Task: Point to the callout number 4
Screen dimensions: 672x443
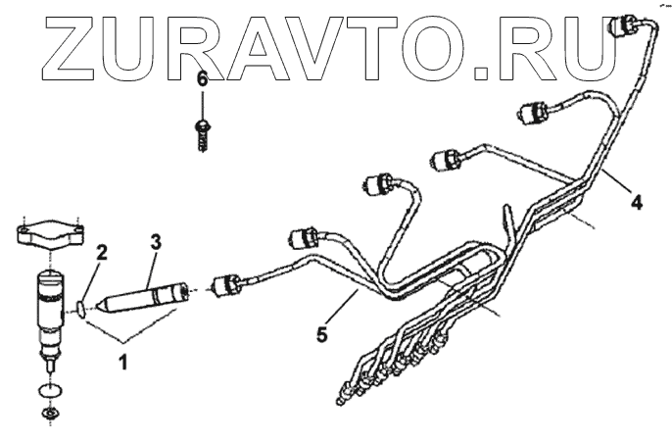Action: click(x=636, y=203)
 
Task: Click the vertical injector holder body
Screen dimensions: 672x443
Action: click(x=48, y=304)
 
